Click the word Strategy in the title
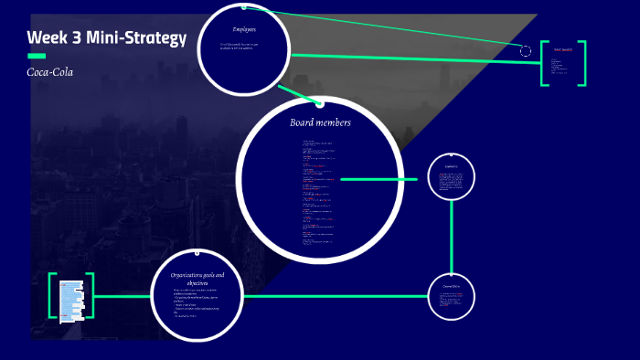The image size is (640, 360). [x=150, y=38]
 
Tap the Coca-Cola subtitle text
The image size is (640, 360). [x=50, y=71]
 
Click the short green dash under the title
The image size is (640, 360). [x=37, y=57]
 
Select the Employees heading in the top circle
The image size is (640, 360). [x=244, y=29]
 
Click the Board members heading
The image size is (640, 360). [x=320, y=122]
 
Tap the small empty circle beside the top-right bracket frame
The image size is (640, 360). [x=526, y=51]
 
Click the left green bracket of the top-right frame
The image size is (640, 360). [x=544, y=64]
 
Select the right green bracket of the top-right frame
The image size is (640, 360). [x=582, y=64]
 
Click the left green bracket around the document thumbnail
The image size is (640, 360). [x=52, y=297]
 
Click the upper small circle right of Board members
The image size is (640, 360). [x=452, y=175]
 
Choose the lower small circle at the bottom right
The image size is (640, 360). [x=452, y=296]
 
